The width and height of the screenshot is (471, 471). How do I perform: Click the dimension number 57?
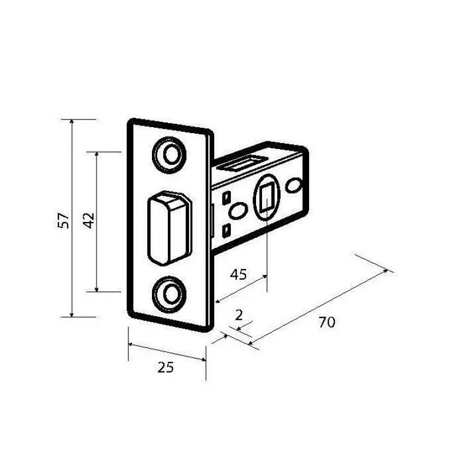64,220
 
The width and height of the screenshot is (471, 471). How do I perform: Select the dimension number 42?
89,220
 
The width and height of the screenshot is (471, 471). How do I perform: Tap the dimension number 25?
165,367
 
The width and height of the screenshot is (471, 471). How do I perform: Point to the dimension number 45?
238,274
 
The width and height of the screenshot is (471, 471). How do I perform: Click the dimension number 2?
239,315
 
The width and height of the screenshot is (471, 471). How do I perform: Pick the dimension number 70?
327,322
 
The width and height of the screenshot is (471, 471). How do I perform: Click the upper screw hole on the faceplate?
170,155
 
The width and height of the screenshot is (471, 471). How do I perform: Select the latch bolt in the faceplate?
170,228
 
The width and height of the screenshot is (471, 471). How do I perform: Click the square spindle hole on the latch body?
267,197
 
